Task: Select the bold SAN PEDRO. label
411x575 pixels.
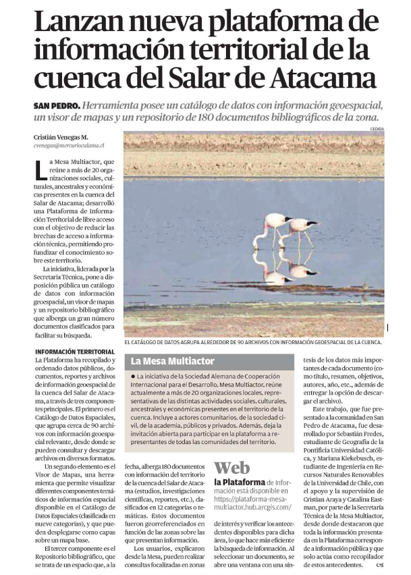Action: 57,106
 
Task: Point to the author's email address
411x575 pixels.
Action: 69,145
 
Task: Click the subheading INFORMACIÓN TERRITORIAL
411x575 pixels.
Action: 75,352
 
